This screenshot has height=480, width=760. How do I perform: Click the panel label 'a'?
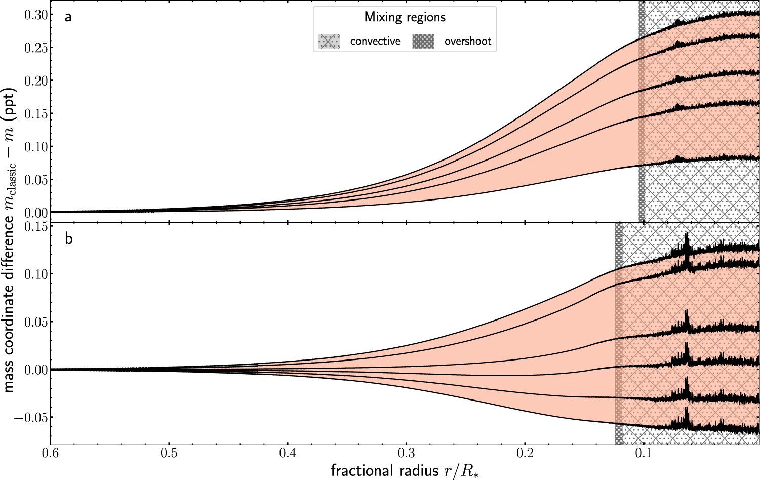click(x=68, y=17)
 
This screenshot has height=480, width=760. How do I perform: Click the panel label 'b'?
click(x=69, y=238)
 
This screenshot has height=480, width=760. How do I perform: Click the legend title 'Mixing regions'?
click(x=405, y=17)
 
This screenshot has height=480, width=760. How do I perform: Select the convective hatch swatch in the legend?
click(x=329, y=41)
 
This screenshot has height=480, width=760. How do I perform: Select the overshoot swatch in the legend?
click(x=423, y=41)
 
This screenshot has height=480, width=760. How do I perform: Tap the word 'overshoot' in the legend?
click(x=467, y=42)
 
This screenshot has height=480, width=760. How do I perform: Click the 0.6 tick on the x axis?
click(x=50, y=452)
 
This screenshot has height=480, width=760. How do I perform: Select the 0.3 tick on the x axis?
click(x=406, y=452)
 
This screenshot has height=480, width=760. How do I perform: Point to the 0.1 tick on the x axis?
click(x=644, y=452)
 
